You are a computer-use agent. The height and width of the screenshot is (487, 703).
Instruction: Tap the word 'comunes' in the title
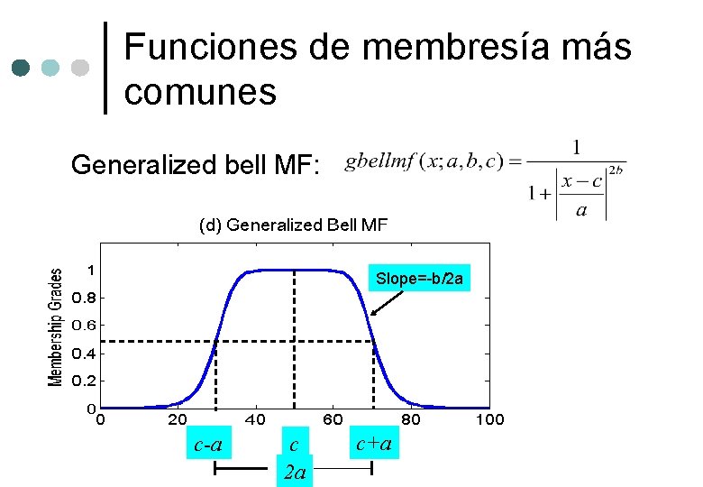(x=201, y=91)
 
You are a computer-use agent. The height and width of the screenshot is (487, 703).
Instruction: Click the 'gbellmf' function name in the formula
(x=380, y=162)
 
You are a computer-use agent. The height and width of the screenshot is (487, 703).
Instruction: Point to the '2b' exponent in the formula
(x=616, y=169)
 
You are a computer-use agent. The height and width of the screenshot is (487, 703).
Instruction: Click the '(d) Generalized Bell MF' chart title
(x=293, y=225)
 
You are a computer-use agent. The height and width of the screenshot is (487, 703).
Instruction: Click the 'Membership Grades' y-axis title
(x=56, y=327)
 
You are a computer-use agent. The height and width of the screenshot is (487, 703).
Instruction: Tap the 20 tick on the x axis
(x=178, y=419)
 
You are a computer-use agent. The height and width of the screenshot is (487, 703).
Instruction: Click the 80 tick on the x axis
(x=411, y=419)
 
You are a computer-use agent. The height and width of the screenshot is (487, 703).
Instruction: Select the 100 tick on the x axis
(x=489, y=419)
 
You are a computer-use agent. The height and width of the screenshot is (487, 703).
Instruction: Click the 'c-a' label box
(x=209, y=444)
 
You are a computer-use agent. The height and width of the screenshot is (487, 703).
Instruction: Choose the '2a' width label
(x=295, y=472)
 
